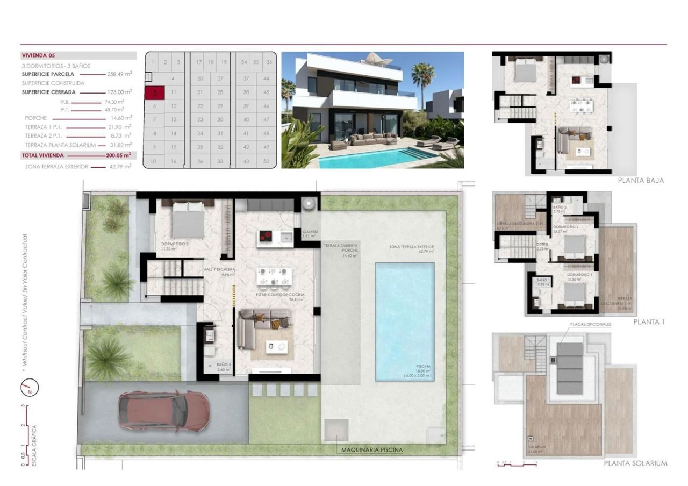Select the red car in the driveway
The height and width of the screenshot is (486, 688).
pyautogui.click(x=163, y=410)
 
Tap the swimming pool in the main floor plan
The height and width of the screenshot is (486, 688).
pyautogui.click(x=405, y=321)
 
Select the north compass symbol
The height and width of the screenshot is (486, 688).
pyautogui.click(x=30, y=387)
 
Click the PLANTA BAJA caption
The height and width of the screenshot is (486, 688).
pyautogui.click(x=641, y=181)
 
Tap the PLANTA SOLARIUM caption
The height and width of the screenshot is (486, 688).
pyautogui.click(x=635, y=463)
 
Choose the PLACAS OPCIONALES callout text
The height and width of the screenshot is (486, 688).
pyautogui.click(x=591, y=325)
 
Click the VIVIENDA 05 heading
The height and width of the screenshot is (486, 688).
pyautogui.click(x=39, y=55)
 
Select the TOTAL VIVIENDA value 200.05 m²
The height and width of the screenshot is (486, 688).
pyautogui.click(x=119, y=155)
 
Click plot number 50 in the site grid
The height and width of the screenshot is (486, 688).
pyautogui.click(x=267, y=161)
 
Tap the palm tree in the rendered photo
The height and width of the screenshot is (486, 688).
pyautogui.click(x=423, y=75)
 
